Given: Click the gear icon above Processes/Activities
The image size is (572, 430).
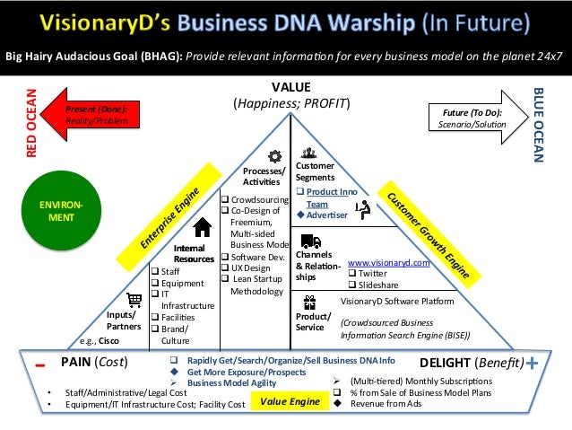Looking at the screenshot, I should click(x=276, y=155).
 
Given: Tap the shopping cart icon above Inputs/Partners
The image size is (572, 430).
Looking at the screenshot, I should click(x=134, y=300).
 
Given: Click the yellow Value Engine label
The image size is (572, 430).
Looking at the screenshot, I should click(x=290, y=402).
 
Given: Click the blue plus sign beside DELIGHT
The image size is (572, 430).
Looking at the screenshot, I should click(x=534, y=364).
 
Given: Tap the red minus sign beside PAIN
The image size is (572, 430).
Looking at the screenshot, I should click(x=41, y=365).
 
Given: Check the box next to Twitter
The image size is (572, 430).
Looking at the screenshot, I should click(x=352, y=274).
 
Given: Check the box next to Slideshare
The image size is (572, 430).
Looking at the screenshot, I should click(x=352, y=285).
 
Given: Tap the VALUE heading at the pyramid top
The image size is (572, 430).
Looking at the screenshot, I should click(x=290, y=87).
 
